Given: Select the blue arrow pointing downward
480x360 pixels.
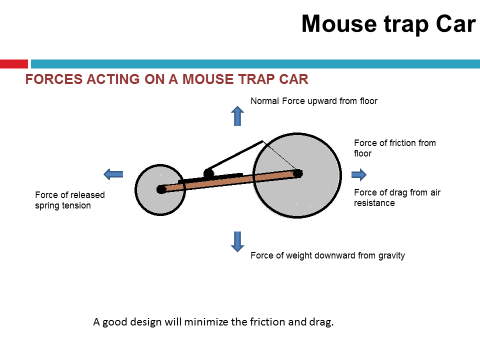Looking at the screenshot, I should (x=237, y=241).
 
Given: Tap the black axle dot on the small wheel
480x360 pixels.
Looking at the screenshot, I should (x=160, y=189).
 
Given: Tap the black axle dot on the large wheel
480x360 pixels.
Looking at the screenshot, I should (x=297, y=172).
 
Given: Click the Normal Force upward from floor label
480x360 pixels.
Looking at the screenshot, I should (x=314, y=101).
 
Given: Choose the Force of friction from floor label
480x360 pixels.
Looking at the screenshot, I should (x=395, y=149).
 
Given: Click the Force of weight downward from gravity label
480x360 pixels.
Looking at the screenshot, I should (x=327, y=255).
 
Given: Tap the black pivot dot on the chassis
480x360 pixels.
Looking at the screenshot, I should (x=208, y=173).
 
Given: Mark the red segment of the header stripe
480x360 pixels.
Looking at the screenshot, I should (x=14, y=64).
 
